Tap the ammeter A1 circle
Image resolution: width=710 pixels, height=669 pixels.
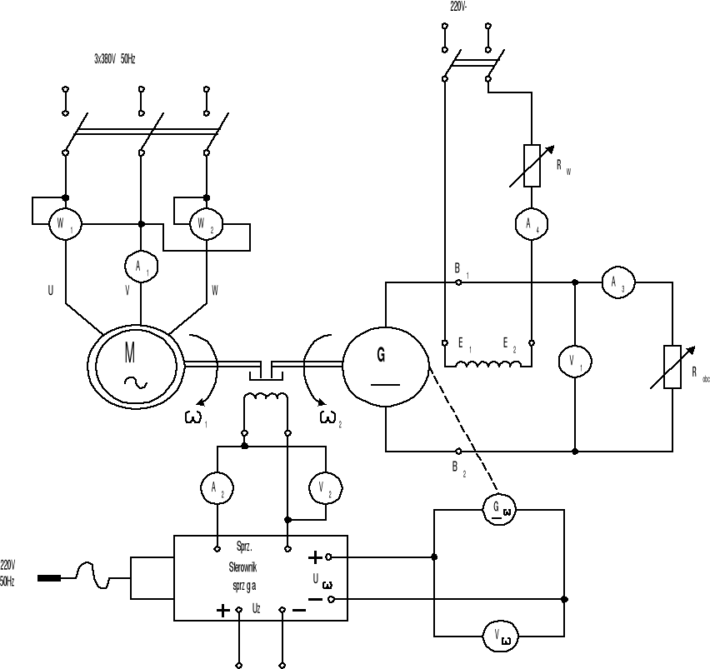click(x=141, y=265)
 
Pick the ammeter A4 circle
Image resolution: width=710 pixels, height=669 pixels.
click(x=530, y=223)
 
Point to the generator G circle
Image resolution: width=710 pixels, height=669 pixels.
click(x=385, y=367)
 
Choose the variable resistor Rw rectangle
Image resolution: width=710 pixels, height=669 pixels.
click(x=531, y=163)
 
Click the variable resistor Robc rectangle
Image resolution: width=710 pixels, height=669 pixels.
click(x=672, y=367)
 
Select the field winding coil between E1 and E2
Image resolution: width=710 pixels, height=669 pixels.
click(x=487, y=365)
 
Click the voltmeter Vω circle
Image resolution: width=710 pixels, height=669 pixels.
click(x=499, y=637)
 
